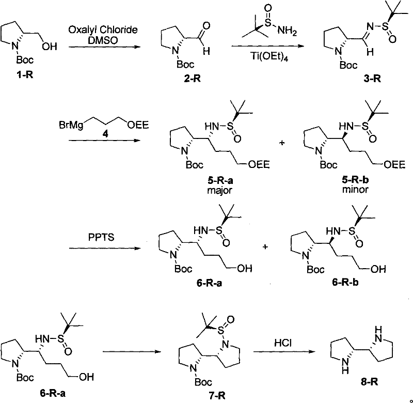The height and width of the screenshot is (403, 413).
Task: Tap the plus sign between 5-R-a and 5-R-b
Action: coord(282,141)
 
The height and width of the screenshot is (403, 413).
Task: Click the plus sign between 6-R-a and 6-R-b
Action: coord(265,247)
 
